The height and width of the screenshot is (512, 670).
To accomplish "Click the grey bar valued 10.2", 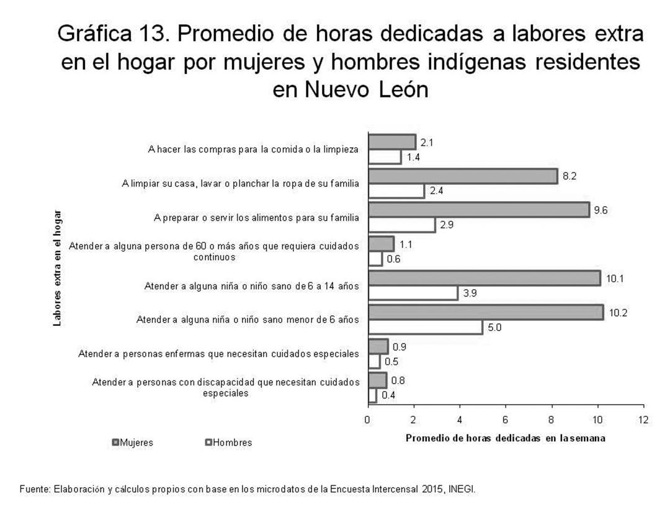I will pyautogui.click(x=486, y=312).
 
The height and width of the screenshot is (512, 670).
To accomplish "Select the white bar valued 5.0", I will pyautogui.click(x=426, y=327).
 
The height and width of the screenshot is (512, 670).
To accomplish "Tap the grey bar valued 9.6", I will pyautogui.click(x=479, y=210).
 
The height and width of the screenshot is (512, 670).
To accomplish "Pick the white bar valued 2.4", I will pyautogui.click(x=396, y=191).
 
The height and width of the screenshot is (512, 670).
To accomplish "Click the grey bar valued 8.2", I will pyautogui.click(x=463, y=176).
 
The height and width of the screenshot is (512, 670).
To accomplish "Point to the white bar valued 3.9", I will pyautogui.click(x=413, y=294).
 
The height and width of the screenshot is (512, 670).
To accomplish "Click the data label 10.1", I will pyautogui.click(x=615, y=279).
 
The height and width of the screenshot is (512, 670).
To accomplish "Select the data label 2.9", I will pyautogui.click(x=447, y=225).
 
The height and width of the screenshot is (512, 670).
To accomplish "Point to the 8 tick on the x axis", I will pyautogui.click(x=552, y=420).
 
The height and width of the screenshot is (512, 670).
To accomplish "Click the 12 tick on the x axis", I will pyautogui.click(x=643, y=420).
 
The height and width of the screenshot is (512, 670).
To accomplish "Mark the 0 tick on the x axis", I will pyautogui.click(x=368, y=420).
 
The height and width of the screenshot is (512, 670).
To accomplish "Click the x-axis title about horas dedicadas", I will pyautogui.click(x=506, y=438).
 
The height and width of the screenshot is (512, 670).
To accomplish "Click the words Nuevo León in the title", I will pyautogui.click(x=351, y=89).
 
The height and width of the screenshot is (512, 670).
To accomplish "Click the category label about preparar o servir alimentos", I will pyautogui.click(x=256, y=218).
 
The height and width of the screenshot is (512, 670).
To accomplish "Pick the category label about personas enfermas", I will pyautogui.click(x=218, y=354).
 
